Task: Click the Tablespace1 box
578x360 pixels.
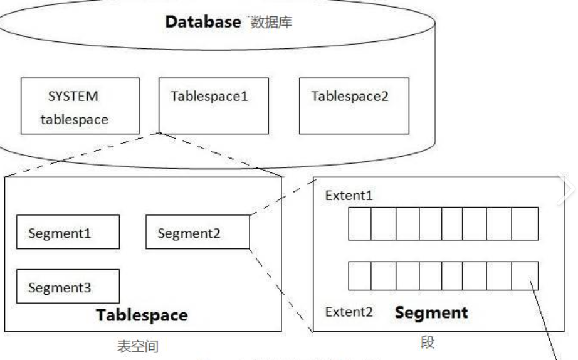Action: (x=214, y=105)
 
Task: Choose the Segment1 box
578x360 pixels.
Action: (x=68, y=233)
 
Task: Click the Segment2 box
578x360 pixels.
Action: (x=197, y=233)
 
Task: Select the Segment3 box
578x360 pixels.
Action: (x=68, y=287)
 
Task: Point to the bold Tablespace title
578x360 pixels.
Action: (x=142, y=315)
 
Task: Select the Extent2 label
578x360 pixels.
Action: (x=346, y=312)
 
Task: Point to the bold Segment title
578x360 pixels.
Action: (x=432, y=312)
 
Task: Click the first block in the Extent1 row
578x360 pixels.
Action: (x=360, y=224)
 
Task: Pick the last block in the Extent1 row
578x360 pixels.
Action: (x=525, y=224)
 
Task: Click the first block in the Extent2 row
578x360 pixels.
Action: (x=360, y=276)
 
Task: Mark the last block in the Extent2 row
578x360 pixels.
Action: (x=525, y=276)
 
